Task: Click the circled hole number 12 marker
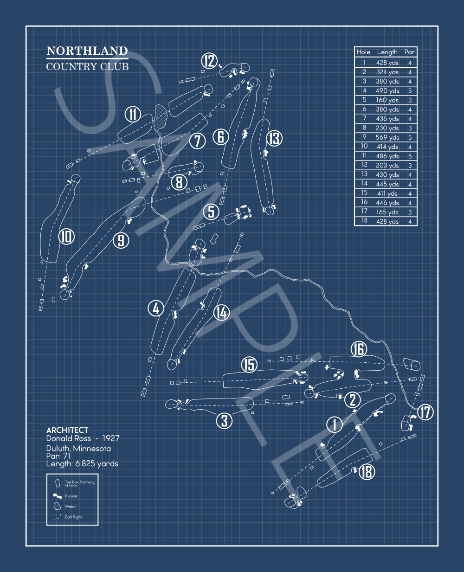click(210, 61)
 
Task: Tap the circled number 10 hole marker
click(66, 237)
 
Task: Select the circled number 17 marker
click(425, 412)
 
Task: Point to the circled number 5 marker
click(211, 212)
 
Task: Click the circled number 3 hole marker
click(225, 421)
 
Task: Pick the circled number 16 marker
click(359, 349)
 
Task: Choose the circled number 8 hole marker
click(180, 182)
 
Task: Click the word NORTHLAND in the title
click(87, 51)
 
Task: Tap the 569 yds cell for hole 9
click(387, 137)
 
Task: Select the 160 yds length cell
click(387, 100)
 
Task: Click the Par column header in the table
click(409, 52)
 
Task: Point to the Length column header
click(387, 52)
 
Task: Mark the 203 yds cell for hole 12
click(387, 166)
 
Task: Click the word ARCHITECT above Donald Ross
click(67, 430)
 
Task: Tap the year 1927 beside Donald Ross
click(111, 438)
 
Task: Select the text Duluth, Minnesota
click(78, 449)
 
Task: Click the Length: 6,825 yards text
click(82, 464)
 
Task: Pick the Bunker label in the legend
click(71, 496)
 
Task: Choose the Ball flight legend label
click(73, 517)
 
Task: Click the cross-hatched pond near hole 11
click(161, 116)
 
